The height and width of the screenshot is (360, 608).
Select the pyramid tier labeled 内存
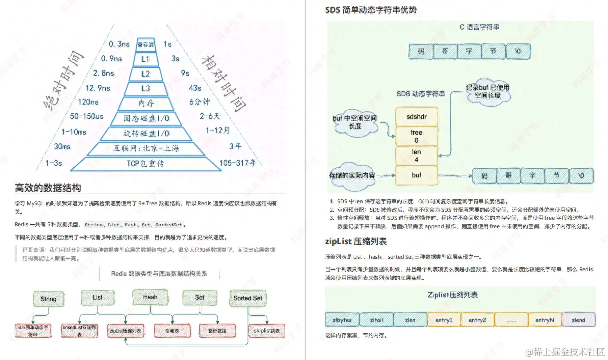point(146,103)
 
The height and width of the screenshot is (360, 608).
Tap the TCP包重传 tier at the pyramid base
point(145,163)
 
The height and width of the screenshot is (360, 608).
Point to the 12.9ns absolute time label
point(98,88)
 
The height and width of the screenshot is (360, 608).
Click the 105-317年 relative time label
point(238,163)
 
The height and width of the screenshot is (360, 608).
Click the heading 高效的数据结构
point(48,188)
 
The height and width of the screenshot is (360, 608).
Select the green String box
point(48,299)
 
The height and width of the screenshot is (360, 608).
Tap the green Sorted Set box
point(248,298)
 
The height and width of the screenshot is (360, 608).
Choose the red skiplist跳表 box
point(267,331)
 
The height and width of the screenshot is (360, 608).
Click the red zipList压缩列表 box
point(125,331)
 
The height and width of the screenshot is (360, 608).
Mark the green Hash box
point(150,297)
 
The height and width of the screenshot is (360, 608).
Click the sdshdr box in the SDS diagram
point(416,117)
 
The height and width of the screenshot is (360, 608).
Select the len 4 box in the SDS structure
point(416,156)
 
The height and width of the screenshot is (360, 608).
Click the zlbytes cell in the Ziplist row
point(342,320)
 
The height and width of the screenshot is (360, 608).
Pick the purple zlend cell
point(578,320)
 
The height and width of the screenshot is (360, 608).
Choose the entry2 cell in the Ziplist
point(477,320)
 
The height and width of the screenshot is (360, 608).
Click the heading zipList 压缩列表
point(356,242)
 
